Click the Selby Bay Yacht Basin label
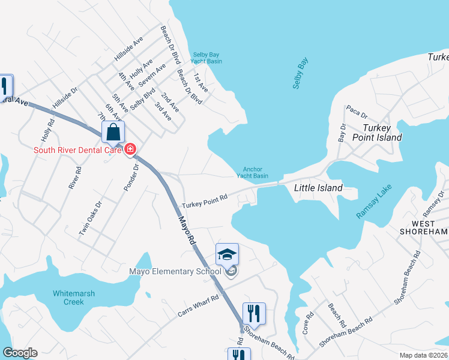206,58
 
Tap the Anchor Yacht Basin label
252,172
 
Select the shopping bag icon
113,133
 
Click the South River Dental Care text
77,150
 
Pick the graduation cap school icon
227,255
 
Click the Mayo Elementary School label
175,271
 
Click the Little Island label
318,188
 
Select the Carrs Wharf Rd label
198,305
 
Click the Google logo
20,353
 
